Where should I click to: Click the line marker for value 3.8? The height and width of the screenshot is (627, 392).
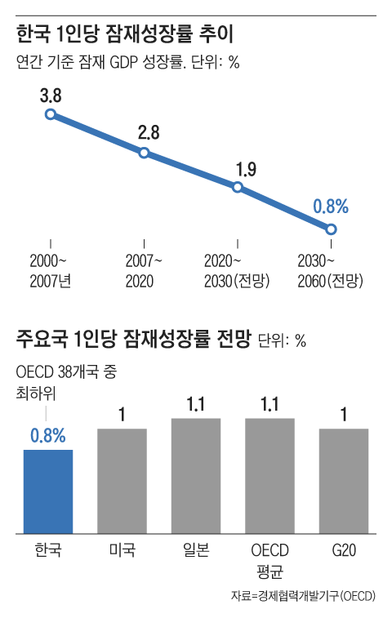pyautogui.click(x=51, y=115)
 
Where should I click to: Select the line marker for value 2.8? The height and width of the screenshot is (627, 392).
pyautogui.click(x=144, y=153)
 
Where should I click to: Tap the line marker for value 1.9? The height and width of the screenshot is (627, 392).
pyautogui.click(x=238, y=187)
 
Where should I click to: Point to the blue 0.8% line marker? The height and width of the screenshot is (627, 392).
pyautogui.click(x=331, y=229)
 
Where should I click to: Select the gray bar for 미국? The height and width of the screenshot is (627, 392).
pyautogui.click(x=122, y=481)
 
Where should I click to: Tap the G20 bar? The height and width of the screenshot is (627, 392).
pyautogui.click(x=344, y=481)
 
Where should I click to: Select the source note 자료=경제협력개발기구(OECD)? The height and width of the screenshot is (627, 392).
pyautogui.click(x=303, y=596)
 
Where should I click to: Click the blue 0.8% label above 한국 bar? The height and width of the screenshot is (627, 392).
pyautogui.click(x=48, y=435)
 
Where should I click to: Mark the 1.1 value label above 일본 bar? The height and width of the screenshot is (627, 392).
pyautogui.click(x=196, y=403)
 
